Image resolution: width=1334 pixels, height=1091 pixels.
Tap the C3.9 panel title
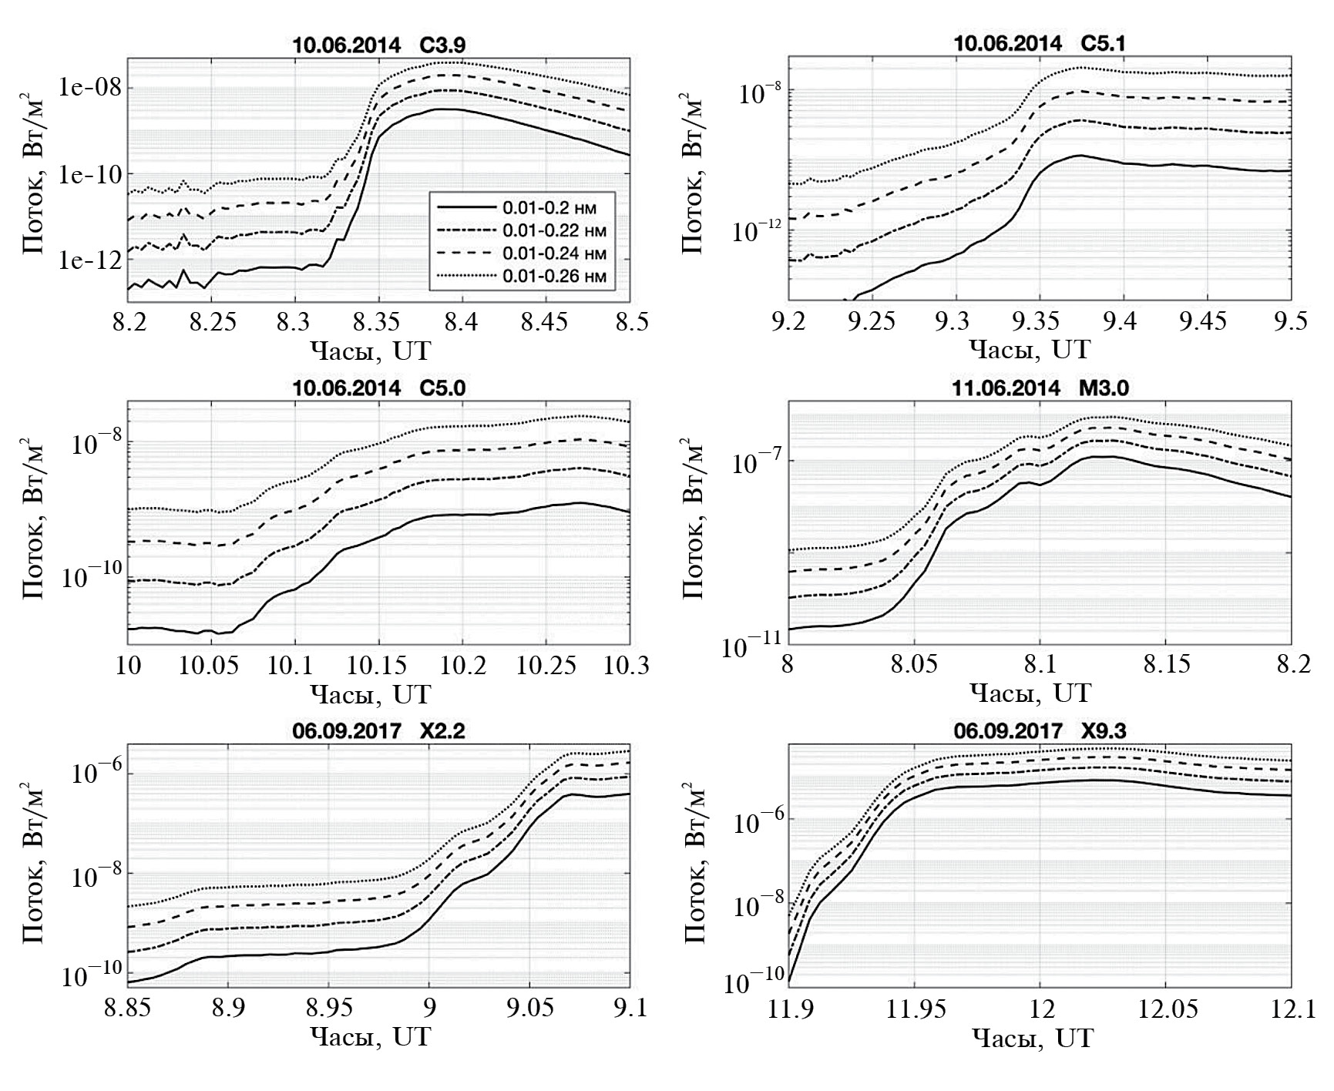tap(378, 44)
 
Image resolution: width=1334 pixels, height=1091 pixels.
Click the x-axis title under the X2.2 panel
tap(371, 1036)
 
